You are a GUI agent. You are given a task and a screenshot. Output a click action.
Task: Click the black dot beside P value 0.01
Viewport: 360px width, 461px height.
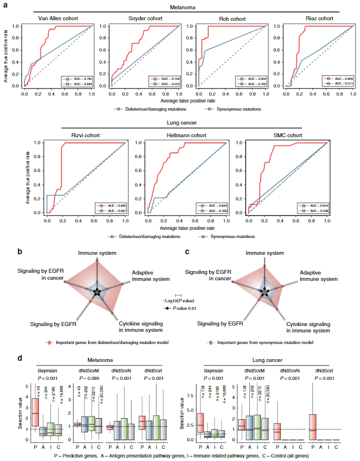(168, 309)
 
